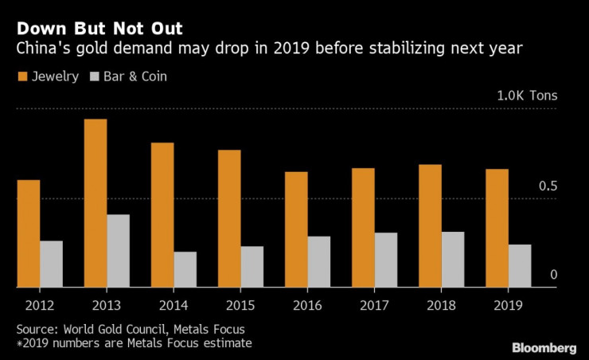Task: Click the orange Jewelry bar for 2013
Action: pos(96,203)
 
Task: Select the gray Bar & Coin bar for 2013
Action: pos(119,251)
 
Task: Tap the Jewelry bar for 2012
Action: pos(29,233)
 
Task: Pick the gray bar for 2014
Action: pos(185,269)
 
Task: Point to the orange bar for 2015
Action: pos(229,218)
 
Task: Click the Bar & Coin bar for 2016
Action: pos(319,261)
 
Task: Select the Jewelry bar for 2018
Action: pos(431,225)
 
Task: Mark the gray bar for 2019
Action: pos(520,265)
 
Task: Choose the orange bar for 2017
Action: pos(364,227)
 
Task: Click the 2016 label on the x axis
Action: pos(307,305)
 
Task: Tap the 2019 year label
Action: pos(508,305)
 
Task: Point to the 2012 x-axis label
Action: pos(40,305)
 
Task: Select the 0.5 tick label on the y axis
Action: pos(548,186)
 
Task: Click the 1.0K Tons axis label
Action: pos(527,96)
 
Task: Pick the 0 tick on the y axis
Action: pos(553,275)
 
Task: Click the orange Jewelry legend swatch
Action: pos(21,77)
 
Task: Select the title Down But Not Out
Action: pos(99,29)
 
